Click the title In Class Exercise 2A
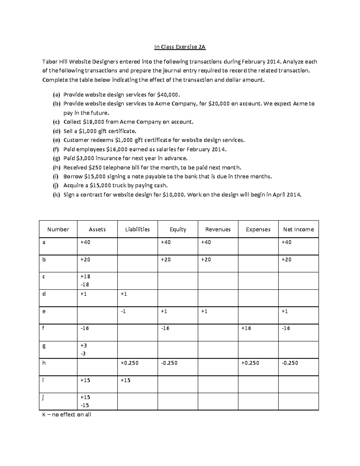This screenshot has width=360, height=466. [x=180, y=47]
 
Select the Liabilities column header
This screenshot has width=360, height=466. [x=137, y=230]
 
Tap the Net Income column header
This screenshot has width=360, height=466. [x=298, y=230]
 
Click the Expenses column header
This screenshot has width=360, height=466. [x=258, y=230]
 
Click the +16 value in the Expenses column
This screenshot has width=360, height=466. [x=246, y=328]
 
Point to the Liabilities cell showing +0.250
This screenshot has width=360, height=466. [x=130, y=363]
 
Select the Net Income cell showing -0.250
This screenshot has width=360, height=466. [x=290, y=363]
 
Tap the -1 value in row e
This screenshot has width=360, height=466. [x=123, y=311]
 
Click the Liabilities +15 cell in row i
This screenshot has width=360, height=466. [x=125, y=380]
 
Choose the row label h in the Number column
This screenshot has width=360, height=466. [x=44, y=363]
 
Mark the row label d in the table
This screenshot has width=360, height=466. [x=44, y=294]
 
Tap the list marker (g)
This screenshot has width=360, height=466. [x=56, y=158]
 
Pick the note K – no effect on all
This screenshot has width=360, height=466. [x=67, y=415]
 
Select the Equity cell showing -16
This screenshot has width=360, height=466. [x=165, y=328]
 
